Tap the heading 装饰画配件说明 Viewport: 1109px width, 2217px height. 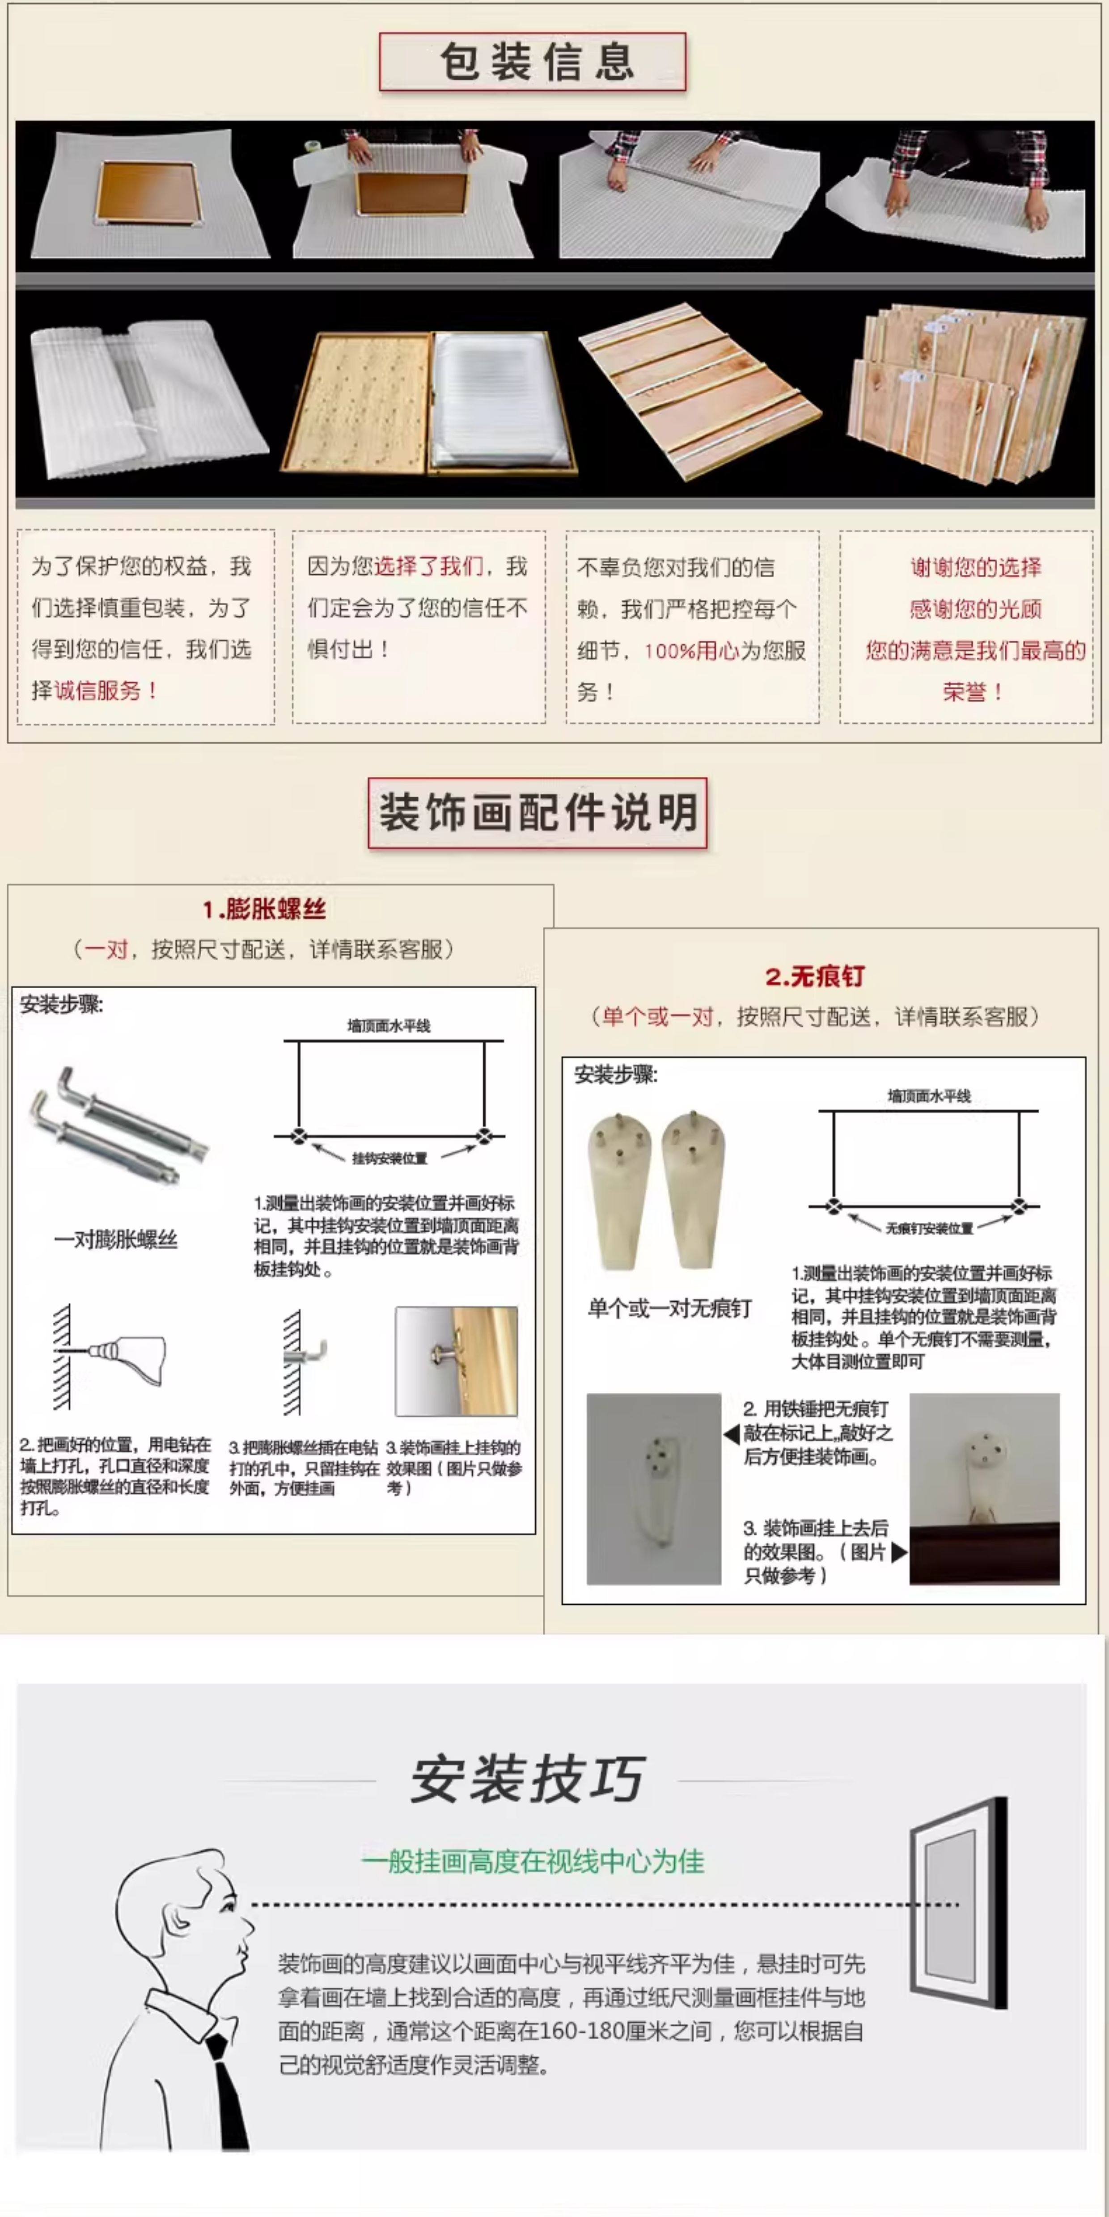click(537, 813)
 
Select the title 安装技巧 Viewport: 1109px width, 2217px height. click(527, 1780)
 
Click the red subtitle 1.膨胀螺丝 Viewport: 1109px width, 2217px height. click(264, 910)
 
